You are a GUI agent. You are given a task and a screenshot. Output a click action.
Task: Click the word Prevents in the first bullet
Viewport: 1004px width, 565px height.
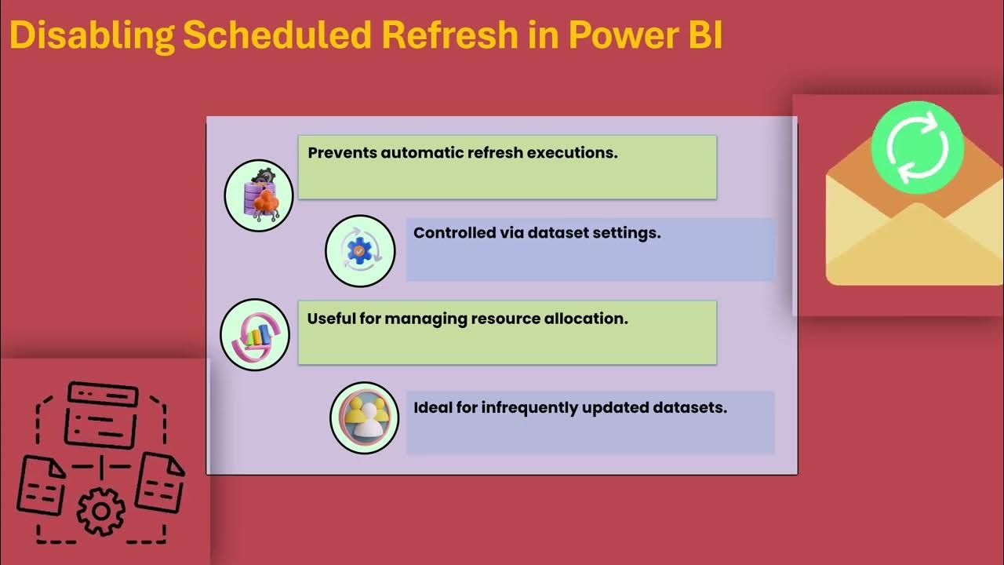tap(342, 153)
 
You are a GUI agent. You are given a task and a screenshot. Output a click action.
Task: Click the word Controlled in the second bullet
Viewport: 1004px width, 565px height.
tap(452, 233)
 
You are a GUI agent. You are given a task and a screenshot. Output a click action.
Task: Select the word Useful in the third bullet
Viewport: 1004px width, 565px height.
tap(329, 319)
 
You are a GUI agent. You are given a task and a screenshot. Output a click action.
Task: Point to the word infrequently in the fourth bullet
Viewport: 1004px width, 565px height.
tap(518, 407)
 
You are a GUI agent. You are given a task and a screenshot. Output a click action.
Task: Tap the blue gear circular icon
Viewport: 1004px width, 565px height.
tap(360, 251)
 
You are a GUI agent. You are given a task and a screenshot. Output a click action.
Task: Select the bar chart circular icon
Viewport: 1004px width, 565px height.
tap(255, 334)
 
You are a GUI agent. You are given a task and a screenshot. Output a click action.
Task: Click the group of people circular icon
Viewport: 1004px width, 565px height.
tap(364, 417)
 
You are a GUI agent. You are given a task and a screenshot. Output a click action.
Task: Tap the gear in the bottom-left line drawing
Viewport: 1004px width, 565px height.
tap(100, 512)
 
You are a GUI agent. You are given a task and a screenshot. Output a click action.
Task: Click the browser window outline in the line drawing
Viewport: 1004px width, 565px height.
tap(101, 413)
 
